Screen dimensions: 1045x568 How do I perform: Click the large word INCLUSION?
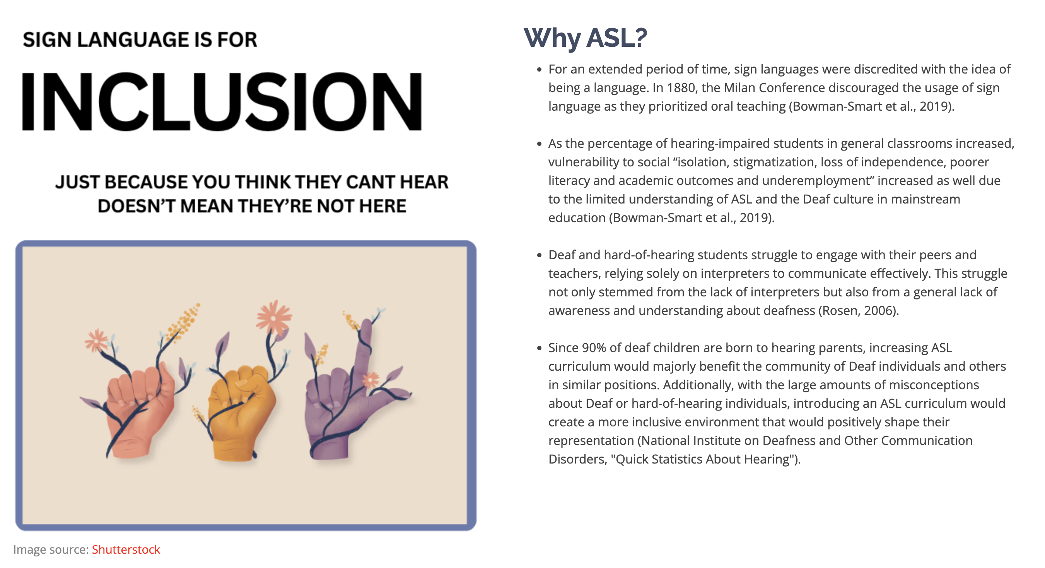[x=222, y=101]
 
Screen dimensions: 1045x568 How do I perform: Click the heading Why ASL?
[x=585, y=38]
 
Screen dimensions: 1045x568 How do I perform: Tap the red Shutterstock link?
[x=126, y=549]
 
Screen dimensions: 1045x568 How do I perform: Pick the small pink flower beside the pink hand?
[x=96, y=340]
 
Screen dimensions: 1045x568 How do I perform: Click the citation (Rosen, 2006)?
[x=859, y=310]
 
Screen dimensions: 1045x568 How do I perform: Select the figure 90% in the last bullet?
[x=594, y=348]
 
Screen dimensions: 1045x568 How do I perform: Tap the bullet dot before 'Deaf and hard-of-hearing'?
[x=539, y=255]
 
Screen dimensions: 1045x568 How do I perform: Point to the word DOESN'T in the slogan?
[x=136, y=206]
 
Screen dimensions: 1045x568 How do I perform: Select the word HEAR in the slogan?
[x=424, y=182]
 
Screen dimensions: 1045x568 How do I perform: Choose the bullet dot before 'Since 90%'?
[x=539, y=348]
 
